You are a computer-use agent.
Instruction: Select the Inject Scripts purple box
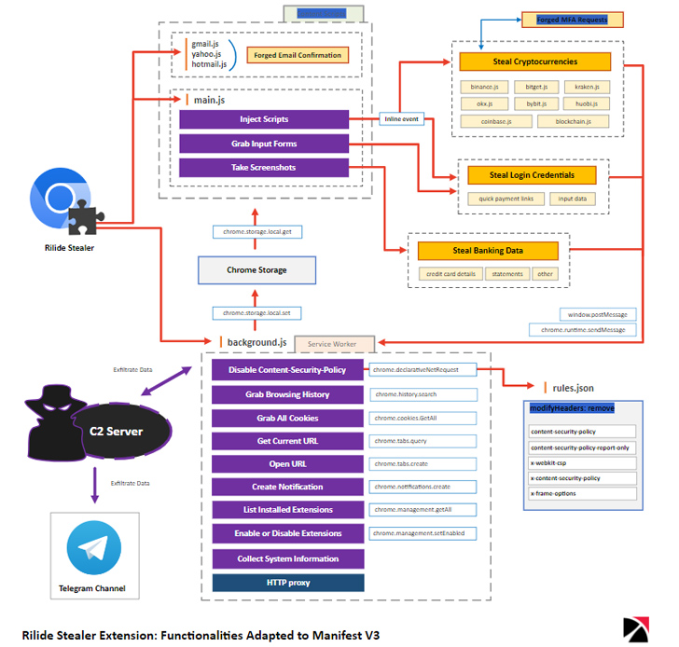click(x=263, y=119)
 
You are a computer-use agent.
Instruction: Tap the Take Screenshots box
click(x=263, y=168)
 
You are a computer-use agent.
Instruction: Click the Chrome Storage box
click(x=256, y=270)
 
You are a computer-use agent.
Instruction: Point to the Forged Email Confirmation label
click(x=298, y=55)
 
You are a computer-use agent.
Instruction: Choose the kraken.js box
click(x=587, y=87)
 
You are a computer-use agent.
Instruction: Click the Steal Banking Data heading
click(x=488, y=251)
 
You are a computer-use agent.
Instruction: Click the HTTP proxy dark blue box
click(x=287, y=583)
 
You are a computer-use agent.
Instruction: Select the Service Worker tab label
click(x=333, y=344)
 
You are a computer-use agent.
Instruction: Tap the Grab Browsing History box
click(x=287, y=394)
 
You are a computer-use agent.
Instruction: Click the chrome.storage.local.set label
click(x=256, y=313)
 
